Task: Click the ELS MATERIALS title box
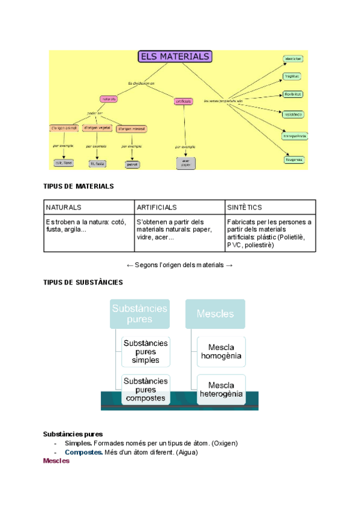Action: pyautogui.click(x=175, y=57)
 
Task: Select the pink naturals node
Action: pyautogui.click(x=109, y=98)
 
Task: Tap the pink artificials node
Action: pyautogui.click(x=184, y=101)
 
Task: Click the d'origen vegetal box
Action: pyautogui.click(x=97, y=128)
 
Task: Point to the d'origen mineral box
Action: pyautogui.click(x=132, y=128)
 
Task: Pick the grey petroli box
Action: pyautogui.click(x=132, y=163)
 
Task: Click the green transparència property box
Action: pyautogui.click(x=295, y=136)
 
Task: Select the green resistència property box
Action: pyautogui.click(x=293, y=113)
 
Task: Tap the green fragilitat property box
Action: pyautogui.click(x=292, y=76)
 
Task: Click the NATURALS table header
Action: pyautogui.click(x=64, y=207)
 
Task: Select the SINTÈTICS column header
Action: pyautogui.click(x=244, y=207)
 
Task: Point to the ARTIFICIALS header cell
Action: pyautogui.click(x=157, y=207)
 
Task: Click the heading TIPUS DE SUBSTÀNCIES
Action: pyautogui.click(x=83, y=282)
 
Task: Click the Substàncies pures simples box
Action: pyautogui.click(x=145, y=352)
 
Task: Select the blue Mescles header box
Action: pyautogui.click(x=215, y=314)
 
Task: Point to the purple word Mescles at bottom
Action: pyautogui.click(x=56, y=461)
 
